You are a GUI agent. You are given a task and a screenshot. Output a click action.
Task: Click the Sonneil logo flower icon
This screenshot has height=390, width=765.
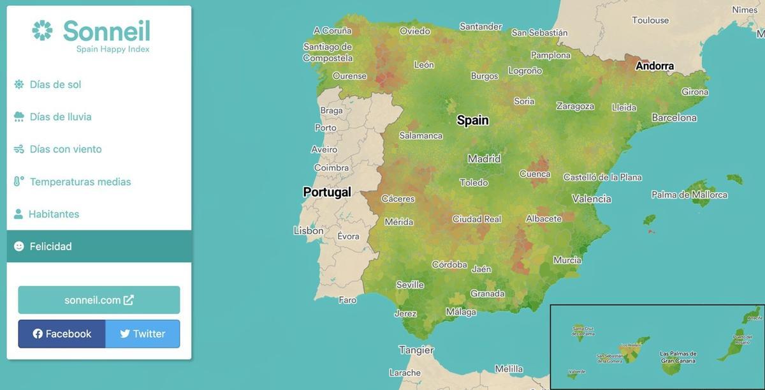pyautogui.click(x=43, y=31)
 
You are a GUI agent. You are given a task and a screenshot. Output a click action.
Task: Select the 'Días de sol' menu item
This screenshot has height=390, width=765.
pyautogui.click(x=55, y=84)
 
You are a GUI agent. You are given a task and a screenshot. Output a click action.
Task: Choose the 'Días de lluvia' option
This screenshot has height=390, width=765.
pyautogui.click(x=61, y=117)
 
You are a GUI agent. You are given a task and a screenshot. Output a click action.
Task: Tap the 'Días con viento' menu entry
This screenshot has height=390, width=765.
pyautogui.click(x=66, y=149)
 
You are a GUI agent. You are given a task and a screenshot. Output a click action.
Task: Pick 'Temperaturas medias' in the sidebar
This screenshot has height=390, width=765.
pyautogui.click(x=80, y=182)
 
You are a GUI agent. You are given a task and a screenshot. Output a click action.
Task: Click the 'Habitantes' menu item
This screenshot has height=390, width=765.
pyautogui.click(x=54, y=214)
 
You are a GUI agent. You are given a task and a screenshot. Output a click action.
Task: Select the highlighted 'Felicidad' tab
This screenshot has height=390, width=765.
pyautogui.click(x=51, y=246)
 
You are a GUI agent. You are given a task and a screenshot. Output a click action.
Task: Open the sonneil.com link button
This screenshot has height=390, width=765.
pyautogui.click(x=99, y=300)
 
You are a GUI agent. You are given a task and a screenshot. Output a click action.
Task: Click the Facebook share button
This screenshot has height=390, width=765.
pyautogui.click(x=62, y=334)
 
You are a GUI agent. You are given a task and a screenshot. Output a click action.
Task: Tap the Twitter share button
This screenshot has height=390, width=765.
pyautogui.click(x=142, y=334)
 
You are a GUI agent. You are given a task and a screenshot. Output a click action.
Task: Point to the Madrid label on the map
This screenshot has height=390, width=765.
pyautogui.click(x=484, y=159)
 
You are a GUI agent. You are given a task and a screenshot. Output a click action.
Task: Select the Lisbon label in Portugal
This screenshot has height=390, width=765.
pyautogui.click(x=309, y=230)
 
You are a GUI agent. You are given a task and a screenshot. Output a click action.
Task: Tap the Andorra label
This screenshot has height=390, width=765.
pyautogui.click(x=655, y=66)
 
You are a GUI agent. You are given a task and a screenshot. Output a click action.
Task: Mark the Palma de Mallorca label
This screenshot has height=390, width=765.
pyautogui.click(x=689, y=195)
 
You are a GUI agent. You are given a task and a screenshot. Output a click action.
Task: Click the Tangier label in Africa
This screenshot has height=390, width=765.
pyautogui.click(x=416, y=350)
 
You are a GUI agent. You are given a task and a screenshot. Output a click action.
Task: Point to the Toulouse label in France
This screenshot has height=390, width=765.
pyautogui.click(x=650, y=20)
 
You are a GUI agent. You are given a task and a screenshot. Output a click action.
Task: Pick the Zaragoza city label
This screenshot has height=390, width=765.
pyautogui.click(x=575, y=106)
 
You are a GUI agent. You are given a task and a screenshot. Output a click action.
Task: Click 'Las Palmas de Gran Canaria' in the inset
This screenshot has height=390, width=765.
pyautogui.click(x=678, y=357)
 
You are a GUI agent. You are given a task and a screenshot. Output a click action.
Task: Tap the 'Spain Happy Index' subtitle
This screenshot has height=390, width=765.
pyautogui.click(x=113, y=49)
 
